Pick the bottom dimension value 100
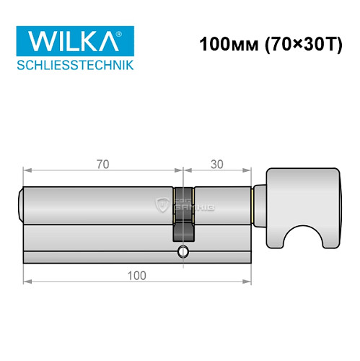click(x=136, y=275)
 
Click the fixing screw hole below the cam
click(x=183, y=252)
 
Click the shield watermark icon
click(x=163, y=205)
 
